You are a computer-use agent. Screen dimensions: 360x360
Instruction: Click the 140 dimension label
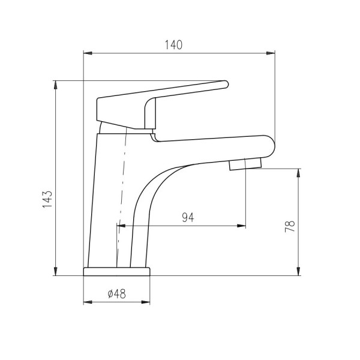[173, 45]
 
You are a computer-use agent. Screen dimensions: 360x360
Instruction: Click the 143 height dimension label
[47, 199]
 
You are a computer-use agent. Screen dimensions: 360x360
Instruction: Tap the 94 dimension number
[188, 217]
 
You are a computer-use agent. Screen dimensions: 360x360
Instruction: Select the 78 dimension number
[290, 226]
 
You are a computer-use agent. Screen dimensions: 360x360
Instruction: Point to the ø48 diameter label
[117, 293]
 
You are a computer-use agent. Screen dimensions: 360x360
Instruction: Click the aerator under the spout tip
[245, 164]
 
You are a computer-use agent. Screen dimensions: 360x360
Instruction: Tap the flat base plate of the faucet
[116, 271]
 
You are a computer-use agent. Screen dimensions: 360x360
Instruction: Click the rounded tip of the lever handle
[226, 84]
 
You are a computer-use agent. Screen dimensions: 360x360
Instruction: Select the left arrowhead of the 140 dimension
[88, 53]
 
